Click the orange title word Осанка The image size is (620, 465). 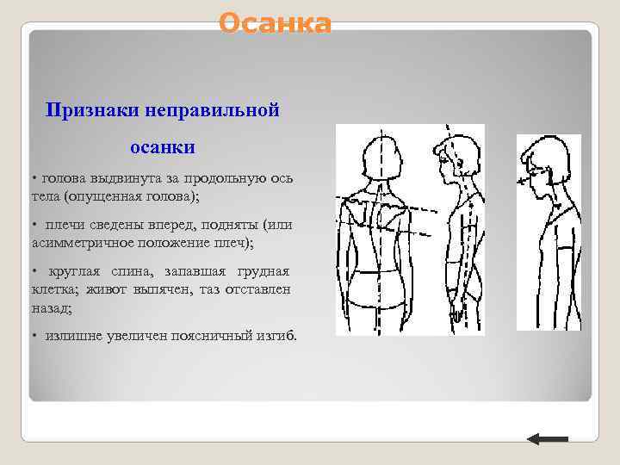pos(274,23)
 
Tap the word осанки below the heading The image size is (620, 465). pos(163,147)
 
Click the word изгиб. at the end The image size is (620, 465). pos(275,335)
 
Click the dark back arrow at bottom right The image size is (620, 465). pos(547,439)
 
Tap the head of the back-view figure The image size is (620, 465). pos(378,158)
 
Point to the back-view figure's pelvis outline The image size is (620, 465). pos(380,288)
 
